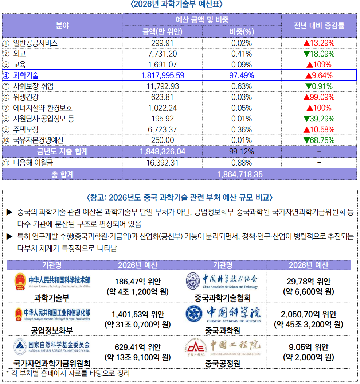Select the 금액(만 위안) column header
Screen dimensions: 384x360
click(162, 32)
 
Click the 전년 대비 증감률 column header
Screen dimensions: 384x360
click(319, 26)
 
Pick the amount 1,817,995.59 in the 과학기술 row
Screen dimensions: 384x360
click(162, 75)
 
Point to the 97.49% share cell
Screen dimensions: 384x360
click(242, 75)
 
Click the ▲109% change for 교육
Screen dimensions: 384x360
click(319, 65)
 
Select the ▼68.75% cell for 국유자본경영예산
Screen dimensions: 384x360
click(319, 140)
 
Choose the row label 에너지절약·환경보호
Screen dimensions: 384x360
click(43, 108)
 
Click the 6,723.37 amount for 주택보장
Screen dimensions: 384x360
click(162, 129)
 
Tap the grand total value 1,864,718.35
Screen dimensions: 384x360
click(239, 174)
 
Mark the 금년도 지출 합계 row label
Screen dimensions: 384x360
click(62, 151)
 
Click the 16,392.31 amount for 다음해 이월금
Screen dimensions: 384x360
click(162, 163)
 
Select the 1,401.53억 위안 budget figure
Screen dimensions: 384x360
click(138, 314)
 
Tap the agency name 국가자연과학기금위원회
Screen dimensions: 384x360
click(52, 363)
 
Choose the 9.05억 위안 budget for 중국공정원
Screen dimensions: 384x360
click(309, 347)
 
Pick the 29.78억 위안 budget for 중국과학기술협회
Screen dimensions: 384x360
click(309, 281)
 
